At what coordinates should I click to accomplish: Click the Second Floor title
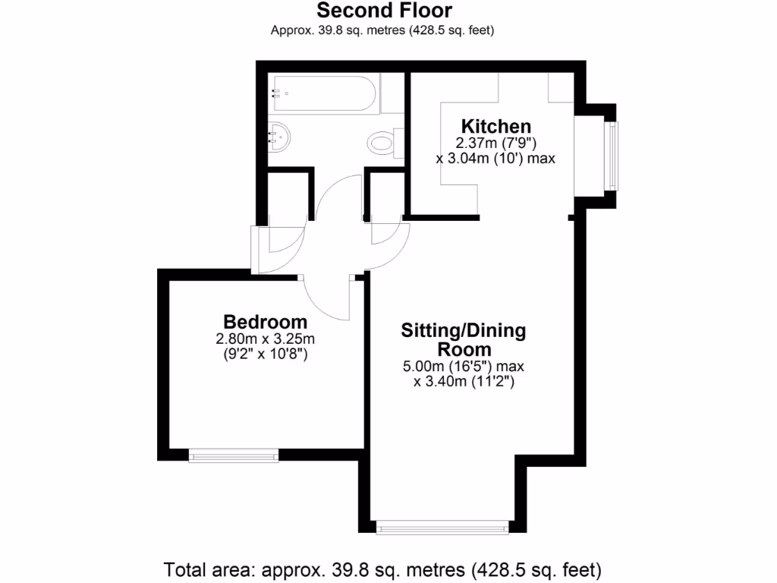pos(384,11)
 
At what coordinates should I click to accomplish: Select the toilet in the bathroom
pos(384,140)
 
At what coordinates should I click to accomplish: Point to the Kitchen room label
pos(496,126)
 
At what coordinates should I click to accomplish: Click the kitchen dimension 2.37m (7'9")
pos(496,143)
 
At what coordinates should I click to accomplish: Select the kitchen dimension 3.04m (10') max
pos(496,159)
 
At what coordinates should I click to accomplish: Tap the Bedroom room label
pos(265,321)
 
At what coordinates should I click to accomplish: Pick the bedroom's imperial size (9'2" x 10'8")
pos(265,354)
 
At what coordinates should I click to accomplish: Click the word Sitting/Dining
pos(463,331)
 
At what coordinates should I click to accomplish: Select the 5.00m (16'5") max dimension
pos(464,367)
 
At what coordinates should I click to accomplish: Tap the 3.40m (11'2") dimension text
pos(464,383)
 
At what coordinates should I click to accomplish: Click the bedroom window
pos(234,455)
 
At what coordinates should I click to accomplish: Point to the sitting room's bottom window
pos(442,526)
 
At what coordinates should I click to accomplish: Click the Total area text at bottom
pos(383,569)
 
